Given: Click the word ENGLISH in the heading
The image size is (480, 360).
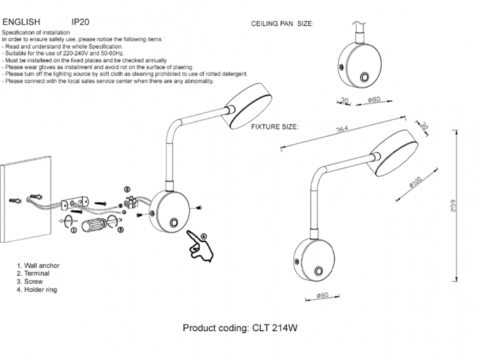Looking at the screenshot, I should click(x=21, y=22).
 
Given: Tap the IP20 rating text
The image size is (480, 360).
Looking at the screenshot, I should click(x=81, y=22).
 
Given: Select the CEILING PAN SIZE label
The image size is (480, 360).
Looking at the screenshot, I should click(x=282, y=24).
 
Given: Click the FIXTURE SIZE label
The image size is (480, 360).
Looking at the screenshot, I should click(x=275, y=126).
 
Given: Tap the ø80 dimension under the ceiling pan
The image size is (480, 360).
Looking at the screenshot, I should click(x=375, y=101).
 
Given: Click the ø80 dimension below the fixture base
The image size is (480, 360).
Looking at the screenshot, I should click(x=322, y=295).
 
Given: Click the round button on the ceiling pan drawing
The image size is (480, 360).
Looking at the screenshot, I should click(x=364, y=78).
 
